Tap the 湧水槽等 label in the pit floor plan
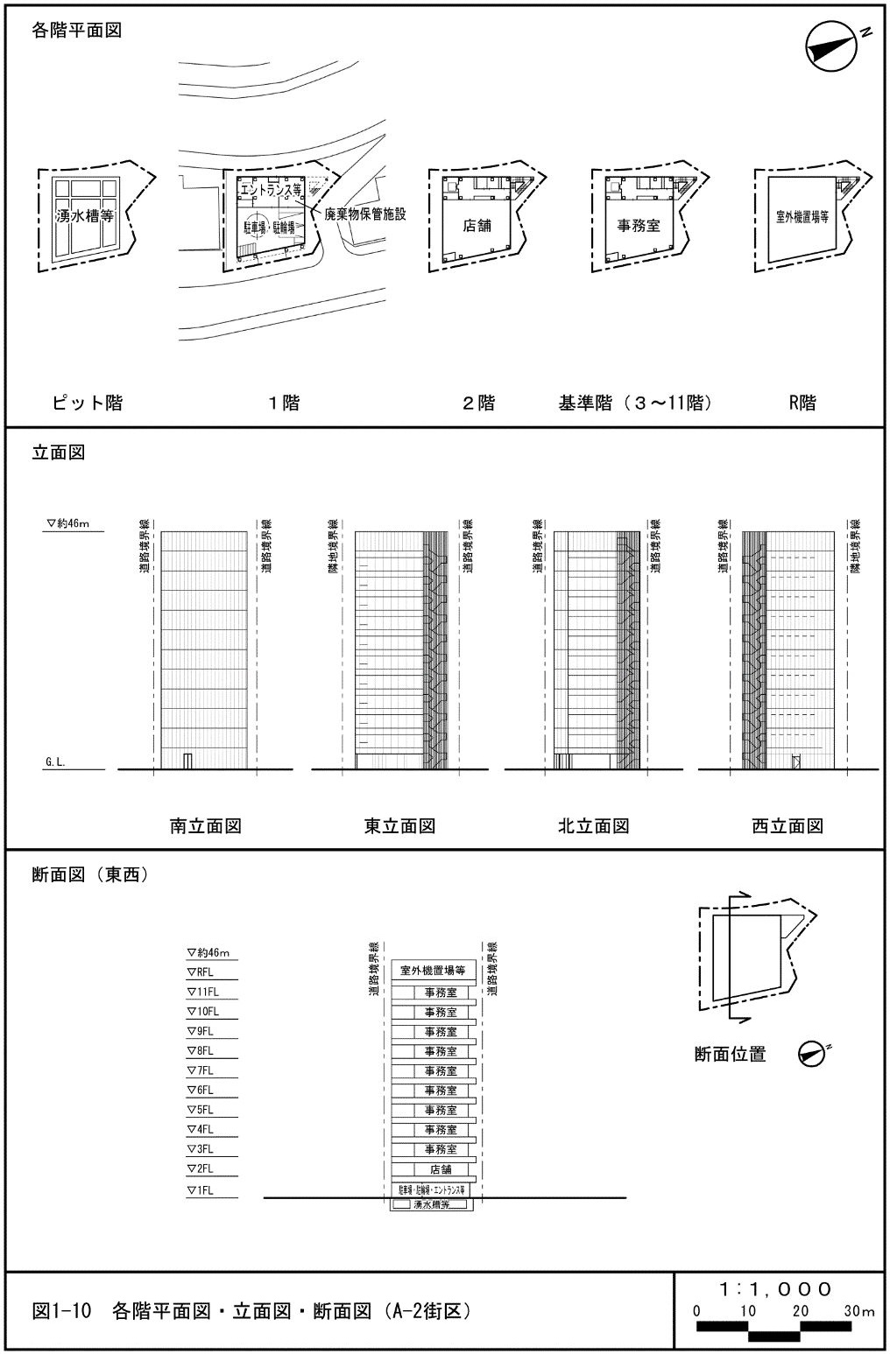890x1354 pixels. click(85, 216)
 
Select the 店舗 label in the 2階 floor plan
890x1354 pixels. click(477, 225)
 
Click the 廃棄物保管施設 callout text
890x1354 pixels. click(365, 214)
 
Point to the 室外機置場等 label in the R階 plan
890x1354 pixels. click(802, 217)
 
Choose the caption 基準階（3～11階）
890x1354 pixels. click(635, 403)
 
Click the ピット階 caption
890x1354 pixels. click(87, 403)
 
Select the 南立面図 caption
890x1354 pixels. click(205, 825)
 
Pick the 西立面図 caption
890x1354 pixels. click(787, 825)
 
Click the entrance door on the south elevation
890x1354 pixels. click(187, 761)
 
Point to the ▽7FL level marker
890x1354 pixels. click(201, 1070)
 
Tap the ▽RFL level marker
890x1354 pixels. click(201, 972)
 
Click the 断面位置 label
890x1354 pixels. click(730, 1055)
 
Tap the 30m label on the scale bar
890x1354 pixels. click(859, 1311)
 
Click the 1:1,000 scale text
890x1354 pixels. click(776, 1289)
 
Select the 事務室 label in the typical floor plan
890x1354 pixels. click(639, 225)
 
